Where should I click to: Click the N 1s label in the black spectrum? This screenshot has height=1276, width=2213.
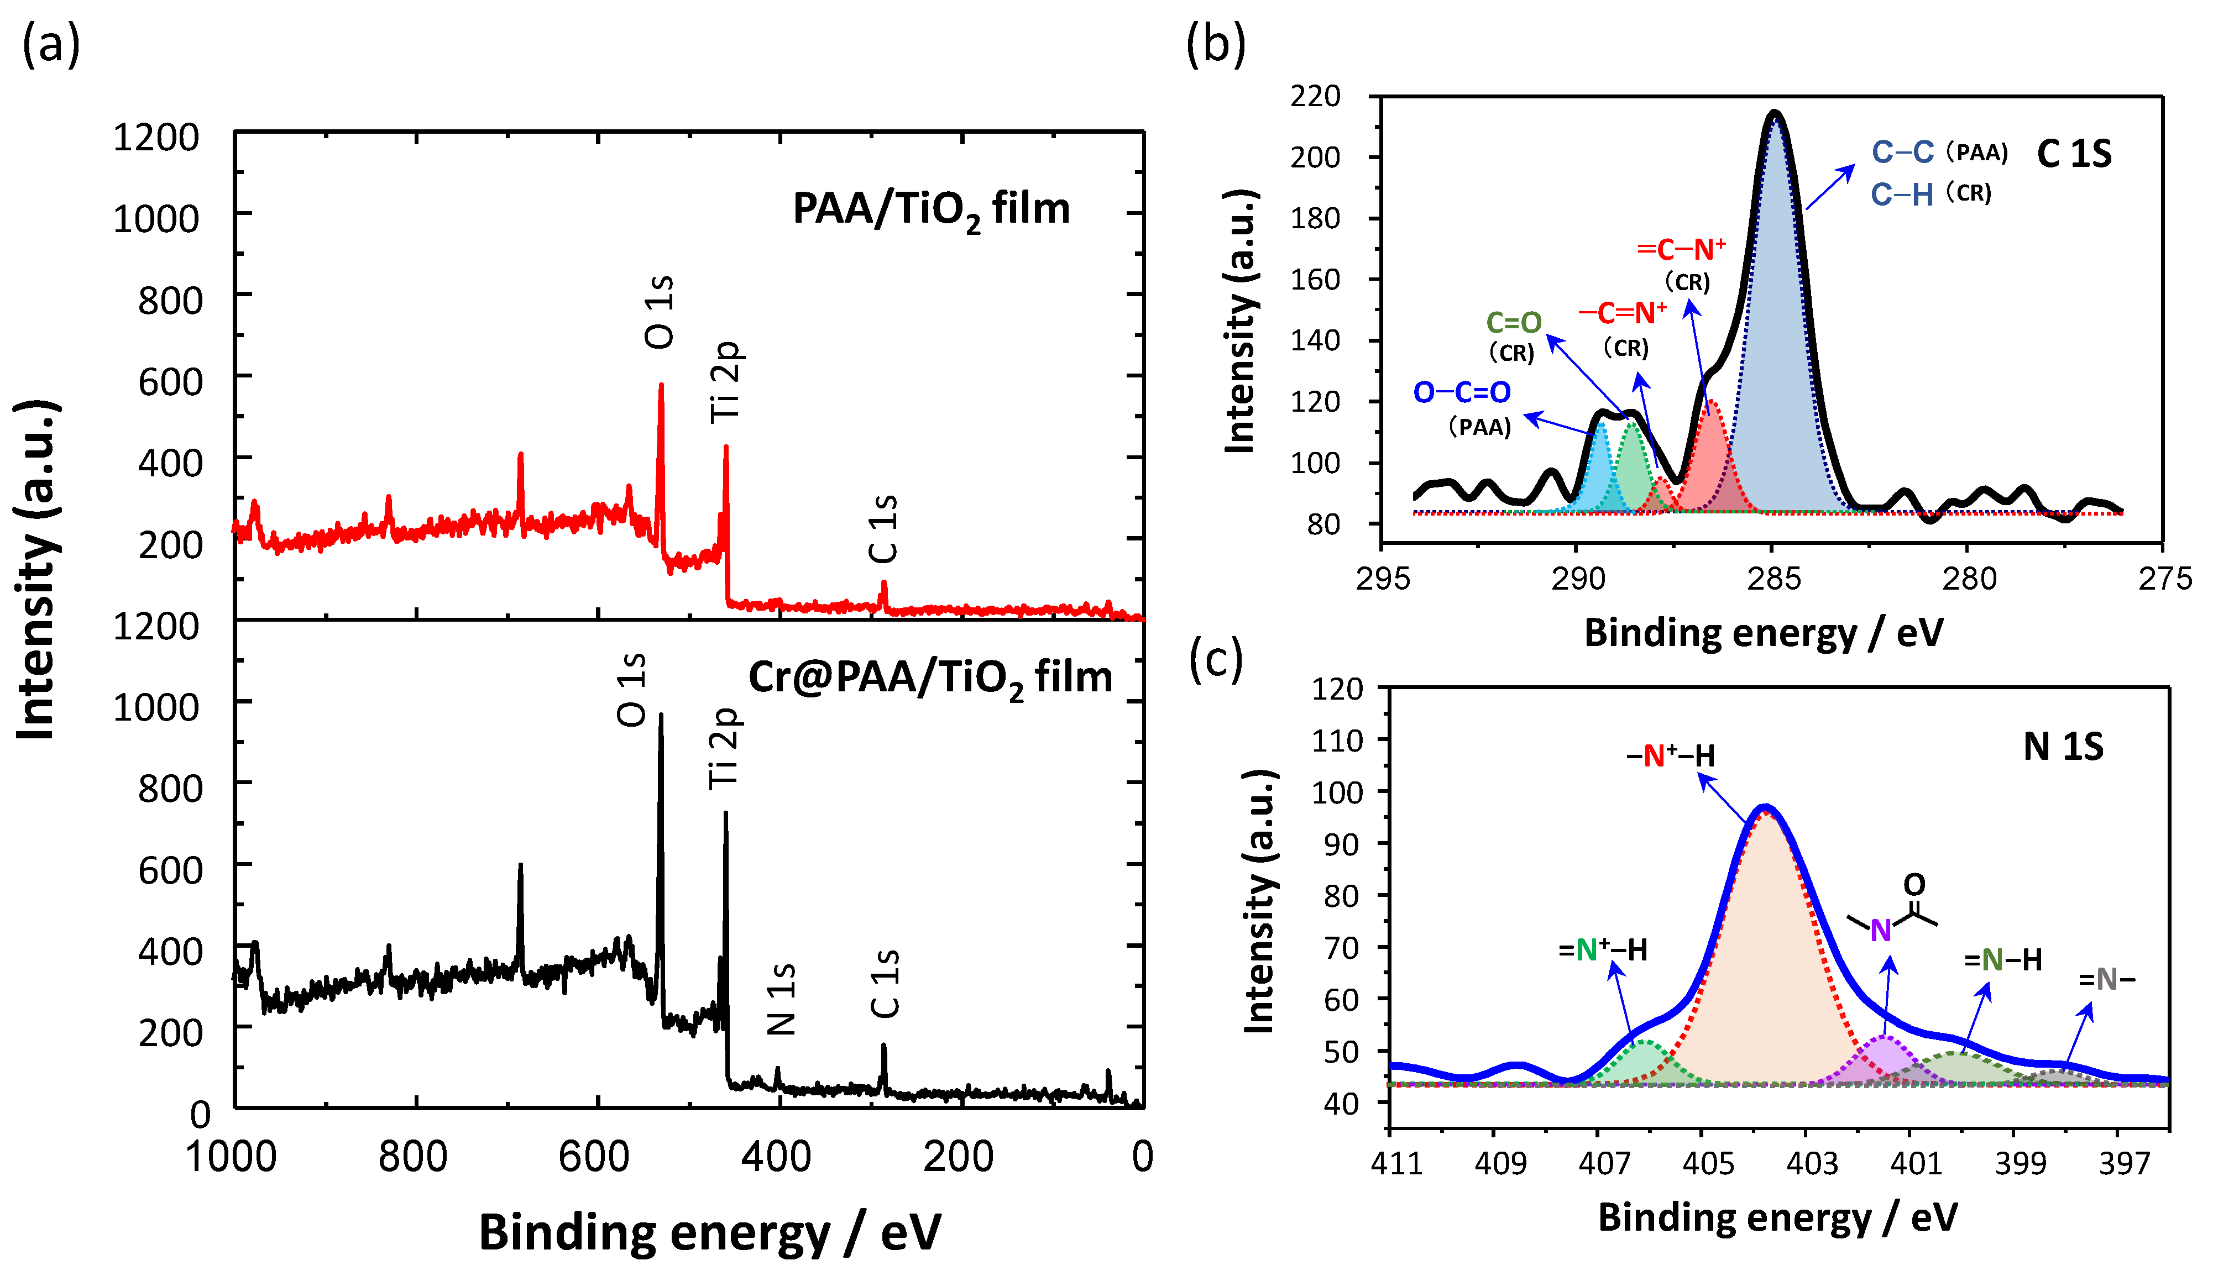point(781,999)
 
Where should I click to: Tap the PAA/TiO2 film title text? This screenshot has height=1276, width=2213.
point(931,211)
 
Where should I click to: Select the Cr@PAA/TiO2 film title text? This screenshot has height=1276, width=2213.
point(930,678)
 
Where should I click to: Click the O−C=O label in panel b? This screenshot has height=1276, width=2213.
point(1462,392)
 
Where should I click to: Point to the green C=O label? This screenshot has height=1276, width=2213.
point(1514,323)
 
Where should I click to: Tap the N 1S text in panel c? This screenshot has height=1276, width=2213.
point(2063,747)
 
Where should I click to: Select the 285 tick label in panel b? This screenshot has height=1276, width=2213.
point(1772,579)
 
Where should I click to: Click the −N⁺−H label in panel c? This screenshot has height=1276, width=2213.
point(1671,755)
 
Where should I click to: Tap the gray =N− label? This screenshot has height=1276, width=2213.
point(2106,979)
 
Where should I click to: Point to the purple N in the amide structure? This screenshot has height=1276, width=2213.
point(1880,931)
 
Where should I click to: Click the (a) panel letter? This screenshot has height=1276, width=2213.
point(51,44)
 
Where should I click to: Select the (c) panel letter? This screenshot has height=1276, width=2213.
point(1216,659)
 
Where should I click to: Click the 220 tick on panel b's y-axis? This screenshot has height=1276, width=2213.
point(1315,96)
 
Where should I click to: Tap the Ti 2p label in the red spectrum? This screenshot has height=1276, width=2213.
point(726,382)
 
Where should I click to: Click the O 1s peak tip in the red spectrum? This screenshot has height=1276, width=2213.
point(661,385)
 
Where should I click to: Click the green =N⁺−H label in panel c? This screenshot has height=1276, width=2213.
point(1602,950)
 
